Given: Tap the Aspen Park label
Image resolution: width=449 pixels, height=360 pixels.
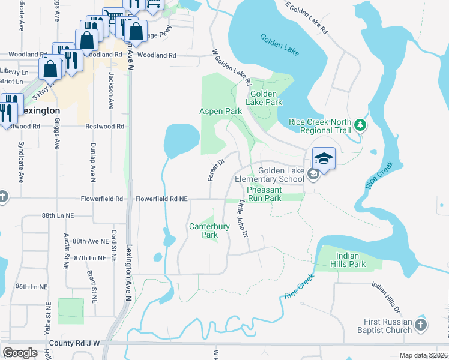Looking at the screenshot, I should pyautogui.click(x=220, y=112).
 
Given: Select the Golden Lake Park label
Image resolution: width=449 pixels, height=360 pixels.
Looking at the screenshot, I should pyautogui.click(x=265, y=98).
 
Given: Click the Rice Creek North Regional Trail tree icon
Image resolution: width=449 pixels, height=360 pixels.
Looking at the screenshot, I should pyautogui.click(x=360, y=125).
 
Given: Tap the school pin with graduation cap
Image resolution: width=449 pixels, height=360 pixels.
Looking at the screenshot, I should pyautogui.click(x=323, y=158).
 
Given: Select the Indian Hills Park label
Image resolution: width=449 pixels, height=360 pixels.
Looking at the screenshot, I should pyautogui.click(x=348, y=260).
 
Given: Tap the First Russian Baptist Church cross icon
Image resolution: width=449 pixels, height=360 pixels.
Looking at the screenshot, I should pyautogui.click(x=421, y=325).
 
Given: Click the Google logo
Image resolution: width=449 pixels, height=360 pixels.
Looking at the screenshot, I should pyautogui.click(x=20, y=353).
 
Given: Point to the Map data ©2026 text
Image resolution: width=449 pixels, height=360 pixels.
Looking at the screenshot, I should pyautogui.click(x=423, y=355).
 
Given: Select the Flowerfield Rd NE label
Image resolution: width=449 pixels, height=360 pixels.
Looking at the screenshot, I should pyautogui.click(x=161, y=199).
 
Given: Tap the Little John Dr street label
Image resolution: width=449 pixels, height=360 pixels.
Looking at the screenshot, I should pyautogui.click(x=244, y=217).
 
